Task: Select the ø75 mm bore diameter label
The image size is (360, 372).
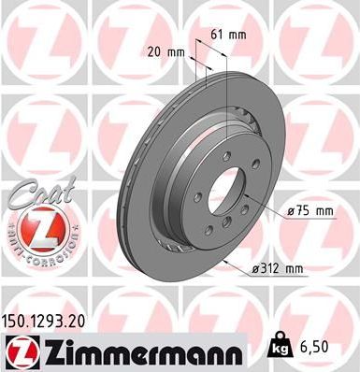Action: coord(309,211)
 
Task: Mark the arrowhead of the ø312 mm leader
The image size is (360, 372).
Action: coord(227,261)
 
